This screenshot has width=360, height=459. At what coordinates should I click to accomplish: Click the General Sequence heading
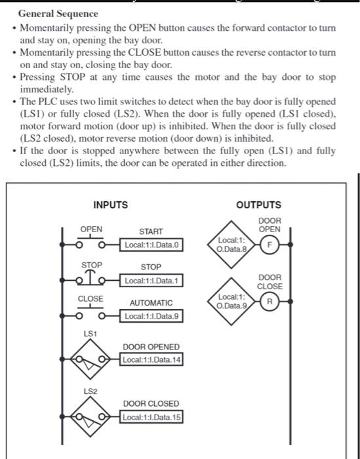tap(58, 14)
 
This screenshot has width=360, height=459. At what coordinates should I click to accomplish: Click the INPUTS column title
tap(110, 205)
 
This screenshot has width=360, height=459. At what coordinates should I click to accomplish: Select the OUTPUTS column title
tap(259, 205)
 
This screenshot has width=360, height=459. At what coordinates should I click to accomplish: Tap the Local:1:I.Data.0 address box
tap(151, 245)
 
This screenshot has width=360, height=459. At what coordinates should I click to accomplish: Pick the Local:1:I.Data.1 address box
tap(151, 281)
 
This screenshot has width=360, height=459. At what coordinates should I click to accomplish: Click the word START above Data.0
tap(151, 231)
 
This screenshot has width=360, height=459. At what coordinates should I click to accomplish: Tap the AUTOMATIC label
tap(151, 303)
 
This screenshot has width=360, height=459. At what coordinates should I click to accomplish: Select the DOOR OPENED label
tap(151, 346)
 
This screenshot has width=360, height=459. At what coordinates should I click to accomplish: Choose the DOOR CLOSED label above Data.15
tap(151, 404)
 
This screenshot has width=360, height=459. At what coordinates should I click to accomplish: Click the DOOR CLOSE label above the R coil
tap(270, 282)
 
